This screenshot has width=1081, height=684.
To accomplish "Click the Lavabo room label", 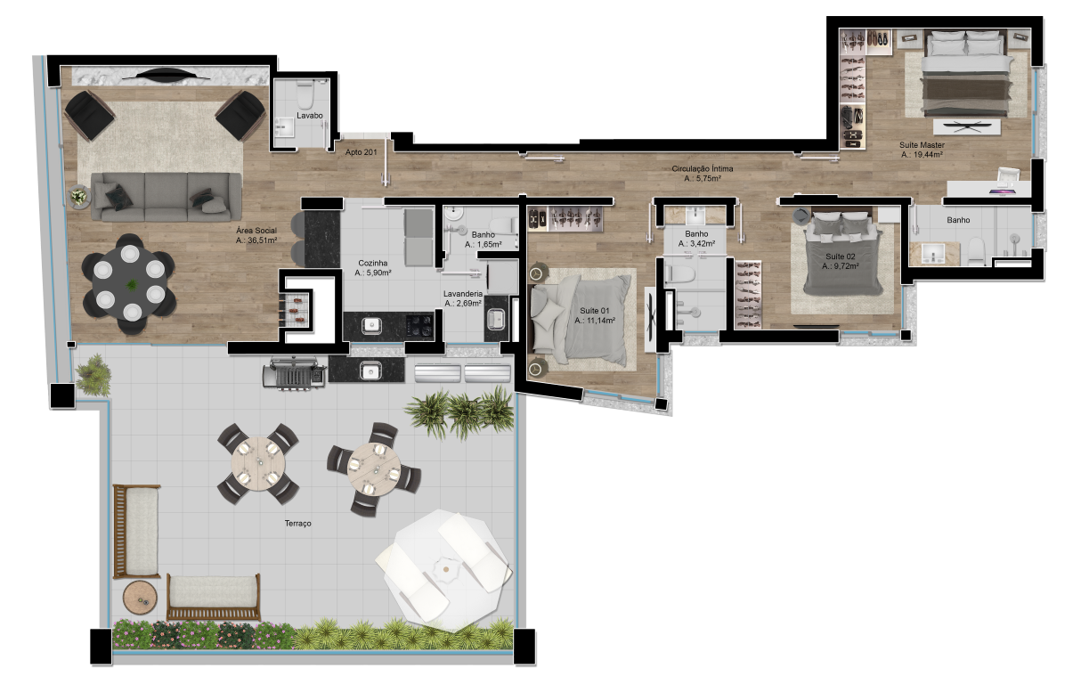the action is tap(310, 116).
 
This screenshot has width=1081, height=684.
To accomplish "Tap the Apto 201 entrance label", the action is tap(361, 152).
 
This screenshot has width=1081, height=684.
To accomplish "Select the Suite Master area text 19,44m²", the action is tap(922, 155).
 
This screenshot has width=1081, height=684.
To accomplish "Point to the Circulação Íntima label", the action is tap(703, 169).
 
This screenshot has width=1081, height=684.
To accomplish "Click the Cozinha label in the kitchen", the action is tap(372, 263).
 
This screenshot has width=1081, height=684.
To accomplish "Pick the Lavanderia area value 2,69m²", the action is tap(463, 304).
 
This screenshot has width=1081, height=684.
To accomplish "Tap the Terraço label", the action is tap(297, 524).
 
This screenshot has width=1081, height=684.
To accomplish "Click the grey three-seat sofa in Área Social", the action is tap(167, 197).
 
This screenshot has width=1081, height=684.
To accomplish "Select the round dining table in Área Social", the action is tap(129, 283).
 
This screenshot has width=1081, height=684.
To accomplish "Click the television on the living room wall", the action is tap(167, 76).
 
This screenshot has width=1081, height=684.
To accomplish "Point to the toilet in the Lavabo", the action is tap(305, 94).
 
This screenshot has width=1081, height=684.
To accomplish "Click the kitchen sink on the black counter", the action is tap(371, 326).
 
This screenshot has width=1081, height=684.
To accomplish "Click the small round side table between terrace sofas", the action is tap(140, 597).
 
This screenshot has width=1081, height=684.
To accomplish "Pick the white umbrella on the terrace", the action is tap(444, 571).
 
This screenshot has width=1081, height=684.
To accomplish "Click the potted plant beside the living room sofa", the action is tap(78, 197).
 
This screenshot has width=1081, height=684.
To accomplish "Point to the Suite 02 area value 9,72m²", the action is tap(841, 266).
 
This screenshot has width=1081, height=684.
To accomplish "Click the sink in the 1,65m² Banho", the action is tap(453, 213).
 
